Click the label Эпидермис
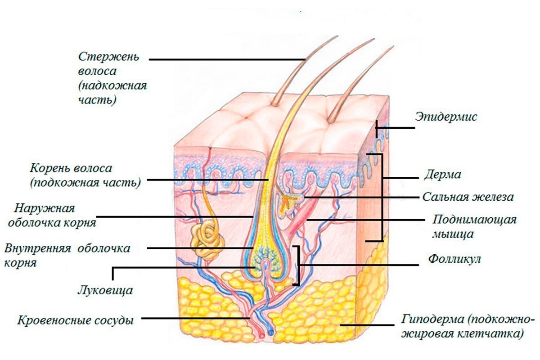coord(445,117)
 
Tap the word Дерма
coord(442,175)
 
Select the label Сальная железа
coord(468,197)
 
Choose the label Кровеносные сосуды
coord(76,321)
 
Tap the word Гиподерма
coord(432,320)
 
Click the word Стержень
coord(109,58)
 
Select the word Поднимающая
coord(474,220)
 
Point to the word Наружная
coord(44,209)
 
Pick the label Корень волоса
coord(71,169)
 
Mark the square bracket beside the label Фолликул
coord(297,265)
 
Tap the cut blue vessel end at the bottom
coord(270,335)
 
